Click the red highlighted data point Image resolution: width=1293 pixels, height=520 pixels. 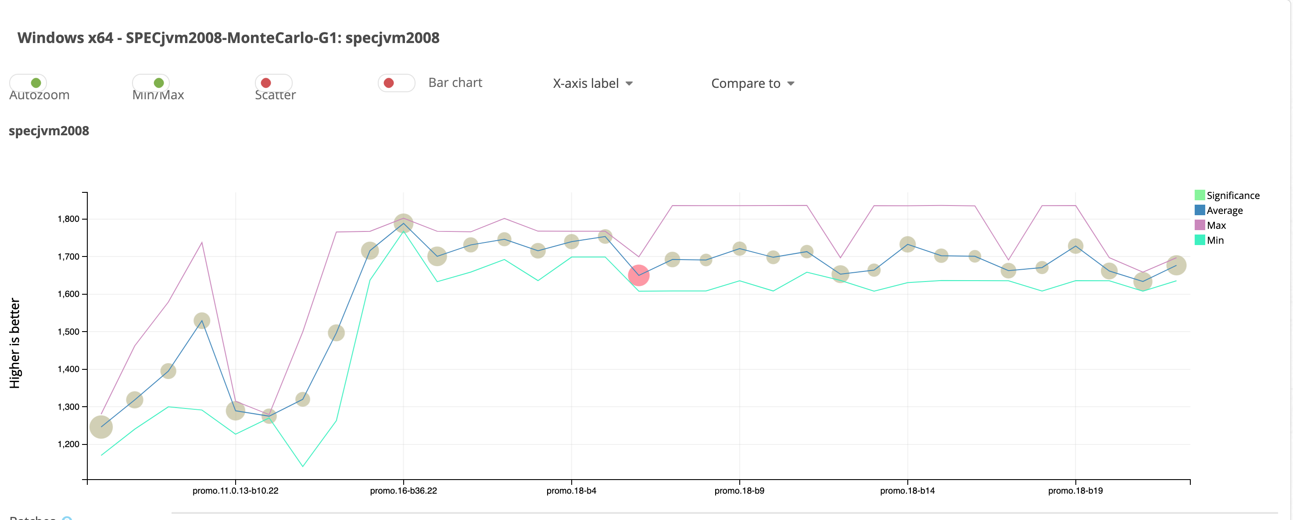pyautogui.click(x=638, y=275)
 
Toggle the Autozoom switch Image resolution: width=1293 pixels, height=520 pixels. pyautogui.click(x=28, y=83)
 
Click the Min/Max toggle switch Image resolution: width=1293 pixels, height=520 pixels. pyautogui.click(x=151, y=83)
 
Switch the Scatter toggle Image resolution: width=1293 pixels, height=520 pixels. pyautogui.click(x=273, y=83)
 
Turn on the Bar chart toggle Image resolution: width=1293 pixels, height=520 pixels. pyautogui.click(x=396, y=83)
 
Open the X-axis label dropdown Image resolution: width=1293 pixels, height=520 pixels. pyautogui.click(x=592, y=83)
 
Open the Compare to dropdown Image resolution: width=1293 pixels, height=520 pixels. pyautogui.click(x=752, y=83)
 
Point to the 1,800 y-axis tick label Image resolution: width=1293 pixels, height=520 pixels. pyautogui.click(x=68, y=219)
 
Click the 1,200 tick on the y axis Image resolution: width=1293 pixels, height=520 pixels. pyautogui.click(x=68, y=444)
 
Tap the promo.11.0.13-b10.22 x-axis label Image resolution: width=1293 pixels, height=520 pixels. pyautogui.click(x=236, y=491)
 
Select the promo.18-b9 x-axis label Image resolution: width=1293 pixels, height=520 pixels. pyautogui.click(x=739, y=491)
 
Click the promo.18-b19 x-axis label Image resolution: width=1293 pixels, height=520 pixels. pyautogui.click(x=1075, y=491)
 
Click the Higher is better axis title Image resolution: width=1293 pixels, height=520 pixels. pyautogui.click(x=14, y=343)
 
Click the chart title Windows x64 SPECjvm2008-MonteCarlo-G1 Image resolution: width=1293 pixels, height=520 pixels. pyautogui.click(x=229, y=38)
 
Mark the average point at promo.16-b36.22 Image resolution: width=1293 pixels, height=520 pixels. pyautogui.click(x=404, y=223)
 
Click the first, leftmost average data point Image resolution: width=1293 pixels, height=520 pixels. pyautogui.click(x=101, y=427)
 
